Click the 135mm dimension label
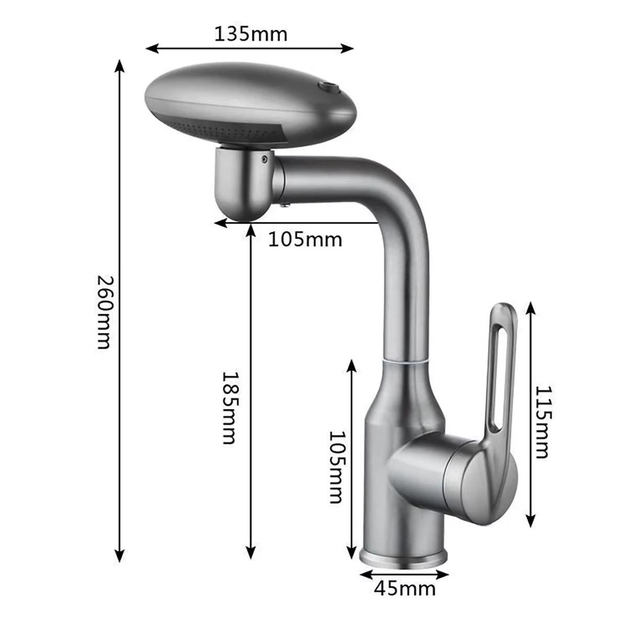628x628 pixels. tap(251, 35)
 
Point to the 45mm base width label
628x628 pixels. tap(405, 603)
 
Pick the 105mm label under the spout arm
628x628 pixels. tap(305, 240)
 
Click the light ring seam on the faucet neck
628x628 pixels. tap(405, 362)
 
